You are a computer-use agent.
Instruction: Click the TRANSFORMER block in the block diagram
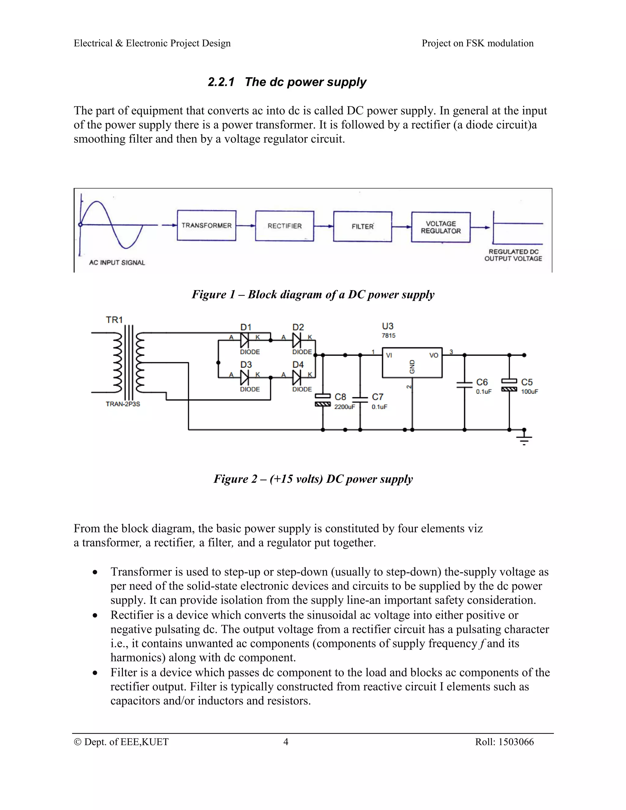[207, 226]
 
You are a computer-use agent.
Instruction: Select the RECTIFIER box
[285, 226]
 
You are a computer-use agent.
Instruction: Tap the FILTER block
[362, 226]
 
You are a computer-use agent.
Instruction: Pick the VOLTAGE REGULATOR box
[440, 227]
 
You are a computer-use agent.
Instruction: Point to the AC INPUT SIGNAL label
[117, 263]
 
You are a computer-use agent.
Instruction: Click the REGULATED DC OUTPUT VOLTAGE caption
[513, 255]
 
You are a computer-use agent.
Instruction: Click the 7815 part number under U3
[388, 336]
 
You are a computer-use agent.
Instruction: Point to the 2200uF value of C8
[344, 407]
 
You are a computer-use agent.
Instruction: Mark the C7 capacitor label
[377, 397]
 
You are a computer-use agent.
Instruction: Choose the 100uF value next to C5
[529, 392]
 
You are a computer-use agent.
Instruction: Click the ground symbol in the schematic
[524, 438]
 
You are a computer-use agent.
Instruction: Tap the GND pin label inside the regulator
[412, 366]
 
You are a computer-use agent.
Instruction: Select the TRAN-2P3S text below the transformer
[123, 404]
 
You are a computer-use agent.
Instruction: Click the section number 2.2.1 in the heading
[221, 82]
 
